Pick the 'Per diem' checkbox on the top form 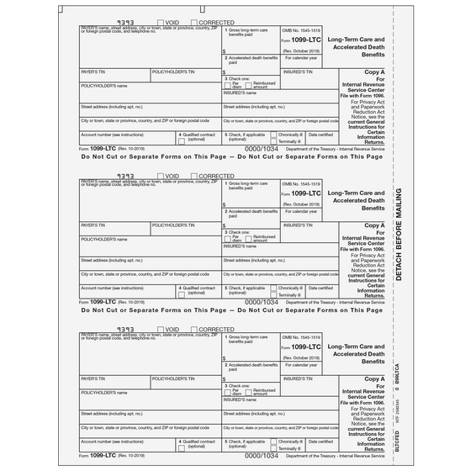click(x=228, y=86)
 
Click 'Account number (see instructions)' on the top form click(x=112, y=134)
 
